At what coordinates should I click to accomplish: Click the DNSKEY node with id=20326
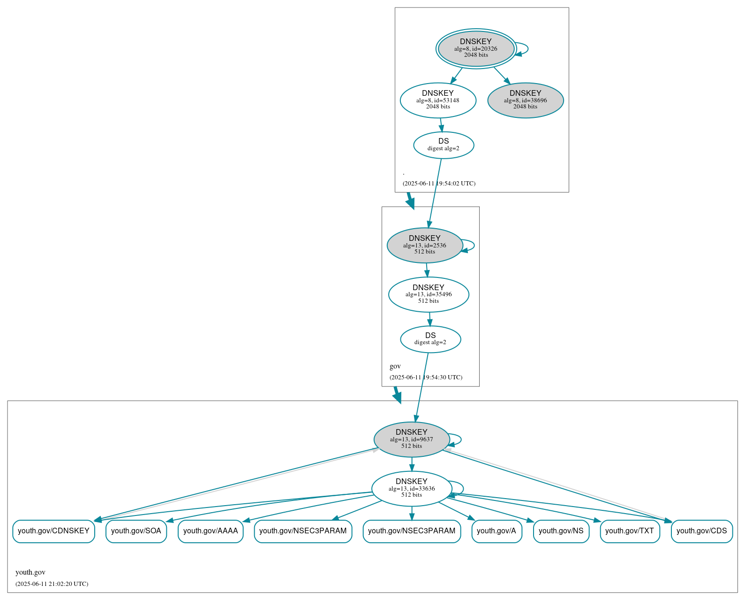click(476, 48)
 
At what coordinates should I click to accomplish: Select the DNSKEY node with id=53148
click(438, 100)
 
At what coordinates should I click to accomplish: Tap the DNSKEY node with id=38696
click(525, 100)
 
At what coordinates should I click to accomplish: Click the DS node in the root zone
click(444, 145)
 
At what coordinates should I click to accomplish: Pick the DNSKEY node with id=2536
click(424, 245)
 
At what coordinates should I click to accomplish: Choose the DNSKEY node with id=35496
click(429, 294)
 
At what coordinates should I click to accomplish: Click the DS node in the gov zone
click(430, 338)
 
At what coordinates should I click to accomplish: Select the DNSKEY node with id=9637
click(411, 439)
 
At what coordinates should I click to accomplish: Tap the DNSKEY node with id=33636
click(411, 488)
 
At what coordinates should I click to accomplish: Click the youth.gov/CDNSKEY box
click(53, 531)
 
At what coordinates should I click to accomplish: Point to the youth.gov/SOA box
click(136, 531)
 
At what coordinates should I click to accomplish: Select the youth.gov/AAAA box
click(211, 531)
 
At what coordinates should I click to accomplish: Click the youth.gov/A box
click(497, 531)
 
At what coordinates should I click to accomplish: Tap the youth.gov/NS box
click(561, 531)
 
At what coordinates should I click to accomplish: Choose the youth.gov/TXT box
click(630, 531)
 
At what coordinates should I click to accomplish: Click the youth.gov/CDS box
click(701, 531)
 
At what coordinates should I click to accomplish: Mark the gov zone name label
click(395, 366)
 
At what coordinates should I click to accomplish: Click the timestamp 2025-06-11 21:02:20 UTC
click(52, 584)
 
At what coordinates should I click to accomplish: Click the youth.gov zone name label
click(30, 572)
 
